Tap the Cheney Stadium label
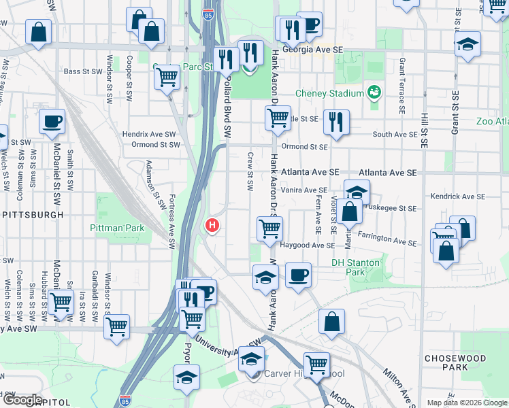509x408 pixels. [x=329, y=93]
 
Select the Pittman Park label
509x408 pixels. [x=117, y=228]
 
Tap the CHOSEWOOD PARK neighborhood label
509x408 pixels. [x=455, y=362]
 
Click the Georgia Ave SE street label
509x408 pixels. [x=312, y=59]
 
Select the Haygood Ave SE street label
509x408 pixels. [x=306, y=245]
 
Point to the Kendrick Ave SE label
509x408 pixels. [x=457, y=197]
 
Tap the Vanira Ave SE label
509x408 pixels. [x=304, y=190]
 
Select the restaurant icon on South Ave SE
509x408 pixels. [x=336, y=122]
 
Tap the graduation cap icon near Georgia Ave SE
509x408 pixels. [x=467, y=46]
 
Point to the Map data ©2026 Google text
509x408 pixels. [x=466, y=403]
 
